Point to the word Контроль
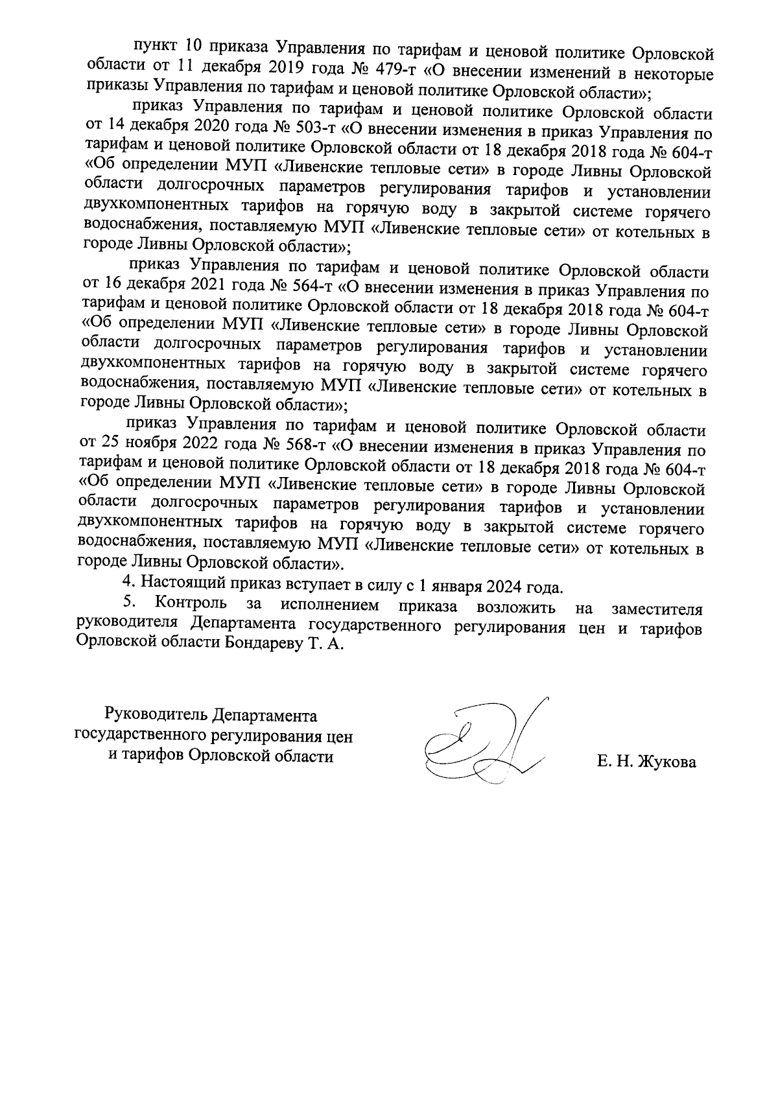(192, 605)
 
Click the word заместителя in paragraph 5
(657, 610)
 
